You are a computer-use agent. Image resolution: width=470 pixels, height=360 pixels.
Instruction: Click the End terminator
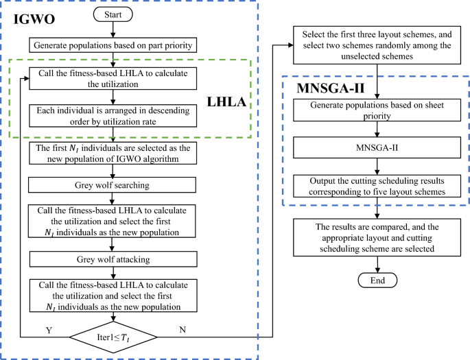373,280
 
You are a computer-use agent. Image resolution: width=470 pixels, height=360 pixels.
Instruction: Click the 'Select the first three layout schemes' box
373,45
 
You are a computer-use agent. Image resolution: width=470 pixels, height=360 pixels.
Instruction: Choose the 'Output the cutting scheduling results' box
373,186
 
